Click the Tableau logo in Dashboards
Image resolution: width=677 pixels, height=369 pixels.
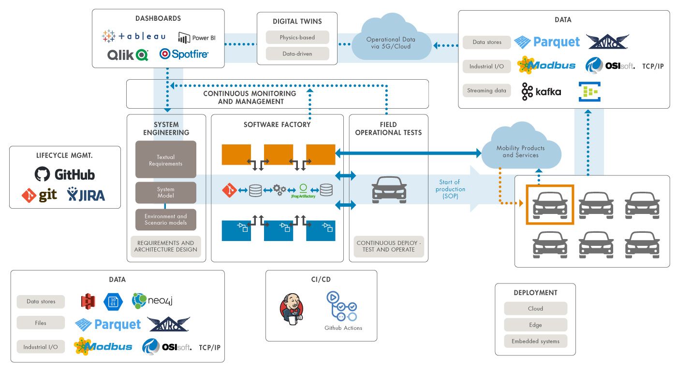[x=134, y=36]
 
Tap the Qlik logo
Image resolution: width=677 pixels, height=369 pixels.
[x=128, y=55]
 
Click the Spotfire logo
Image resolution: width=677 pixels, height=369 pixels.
[x=184, y=54]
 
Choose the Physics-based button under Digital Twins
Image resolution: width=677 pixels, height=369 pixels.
[x=297, y=37]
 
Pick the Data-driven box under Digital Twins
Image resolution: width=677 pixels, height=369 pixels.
[x=297, y=54]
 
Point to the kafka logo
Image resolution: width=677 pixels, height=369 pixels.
[x=541, y=92]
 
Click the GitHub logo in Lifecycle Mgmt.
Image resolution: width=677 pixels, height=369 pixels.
[x=65, y=174]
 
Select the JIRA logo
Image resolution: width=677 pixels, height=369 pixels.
[x=86, y=195]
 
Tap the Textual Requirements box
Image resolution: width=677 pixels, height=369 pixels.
[x=166, y=160]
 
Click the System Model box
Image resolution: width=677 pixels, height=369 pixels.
[x=166, y=192]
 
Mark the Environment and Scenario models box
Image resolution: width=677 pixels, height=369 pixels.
[x=166, y=219]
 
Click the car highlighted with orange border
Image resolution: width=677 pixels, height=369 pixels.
[x=549, y=205]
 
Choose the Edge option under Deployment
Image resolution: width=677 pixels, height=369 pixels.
[x=535, y=325]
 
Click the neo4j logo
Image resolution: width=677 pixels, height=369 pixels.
[x=152, y=301]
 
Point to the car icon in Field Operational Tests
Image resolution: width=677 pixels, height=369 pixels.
[x=389, y=189]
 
